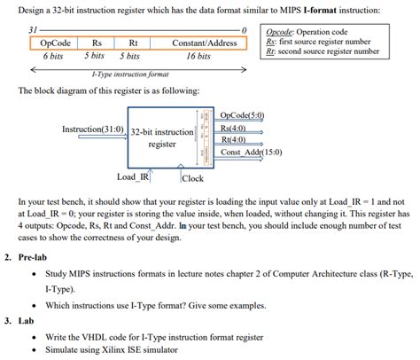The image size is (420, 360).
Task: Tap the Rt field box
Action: [133, 43]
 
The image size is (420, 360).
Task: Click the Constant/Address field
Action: [204, 43]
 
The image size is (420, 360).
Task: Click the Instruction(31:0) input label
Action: [92, 129]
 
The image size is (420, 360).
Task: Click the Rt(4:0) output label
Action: [233, 139]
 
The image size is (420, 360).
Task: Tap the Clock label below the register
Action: [193, 178]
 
